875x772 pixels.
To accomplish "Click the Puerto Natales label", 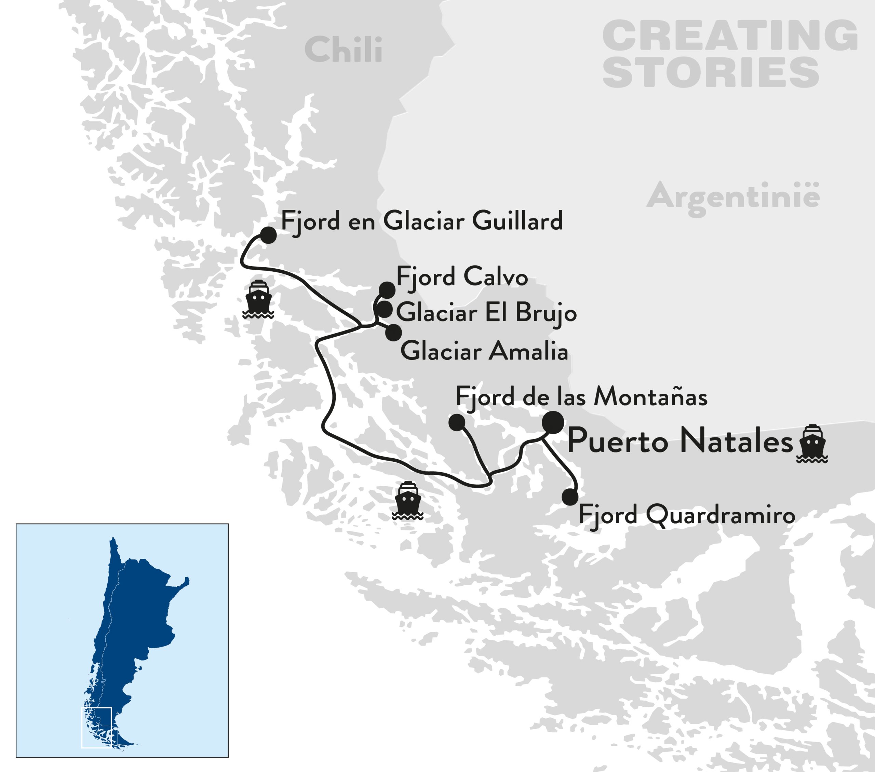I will (680, 441).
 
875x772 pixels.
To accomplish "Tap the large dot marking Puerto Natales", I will (553, 422).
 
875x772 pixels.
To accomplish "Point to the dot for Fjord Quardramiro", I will (570, 497).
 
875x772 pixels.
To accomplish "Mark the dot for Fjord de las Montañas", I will (457, 422).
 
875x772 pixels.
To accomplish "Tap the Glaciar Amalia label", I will (484, 351).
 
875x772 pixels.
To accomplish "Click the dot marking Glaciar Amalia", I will (393, 333).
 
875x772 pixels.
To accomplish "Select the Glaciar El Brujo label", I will (486, 313).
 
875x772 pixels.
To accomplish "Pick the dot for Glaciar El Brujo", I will (385, 309).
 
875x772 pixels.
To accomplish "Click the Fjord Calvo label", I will (462, 277).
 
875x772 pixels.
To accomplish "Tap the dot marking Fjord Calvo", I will (387, 290).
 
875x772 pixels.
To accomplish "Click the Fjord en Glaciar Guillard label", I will (422, 221).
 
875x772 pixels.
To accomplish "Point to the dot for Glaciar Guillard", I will (268, 235).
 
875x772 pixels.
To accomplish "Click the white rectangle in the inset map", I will (97, 728).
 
